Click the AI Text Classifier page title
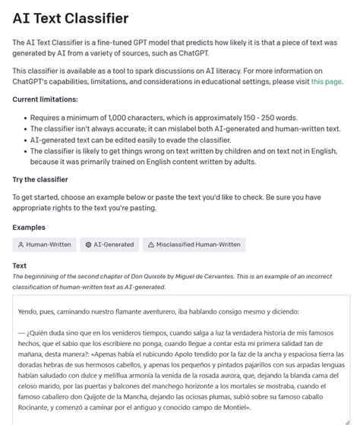pyautogui.click(x=71, y=17)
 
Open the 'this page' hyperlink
pyautogui.click(x=327, y=81)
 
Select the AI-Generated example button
pyautogui.click(x=111, y=244)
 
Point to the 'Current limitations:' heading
pyautogui.click(x=46, y=99)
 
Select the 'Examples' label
pyautogui.click(x=29, y=227)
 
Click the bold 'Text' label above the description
pyautogui.click(x=20, y=266)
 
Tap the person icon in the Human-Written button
pyautogui.click(x=21, y=244)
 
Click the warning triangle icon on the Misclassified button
pyautogui.click(x=150, y=244)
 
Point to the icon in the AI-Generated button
pyautogui.click(x=89, y=244)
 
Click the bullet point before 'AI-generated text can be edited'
pyautogui.click(x=23, y=140)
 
